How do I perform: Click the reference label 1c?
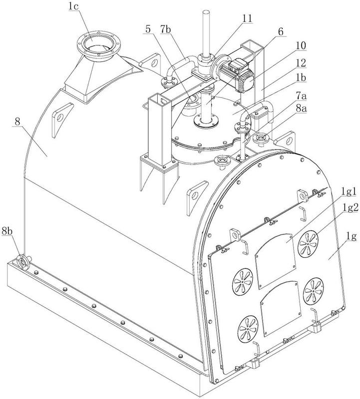click(73, 6)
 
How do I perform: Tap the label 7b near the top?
click(166, 29)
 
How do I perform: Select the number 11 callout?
click(247, 18)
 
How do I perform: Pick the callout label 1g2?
click(350, 207)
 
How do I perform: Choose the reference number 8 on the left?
click(17, 121)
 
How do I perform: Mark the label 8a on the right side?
click(302, 109)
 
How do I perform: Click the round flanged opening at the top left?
click(98, 45)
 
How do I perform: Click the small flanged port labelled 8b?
click(23, 262)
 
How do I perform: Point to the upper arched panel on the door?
click(276, 261)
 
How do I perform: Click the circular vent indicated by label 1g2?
click(308, 243)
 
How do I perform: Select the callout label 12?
click(301, 63)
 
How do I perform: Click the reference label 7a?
click(301, 97)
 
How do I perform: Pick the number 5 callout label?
click(148, 29)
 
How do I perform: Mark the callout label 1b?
click(301, 78)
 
